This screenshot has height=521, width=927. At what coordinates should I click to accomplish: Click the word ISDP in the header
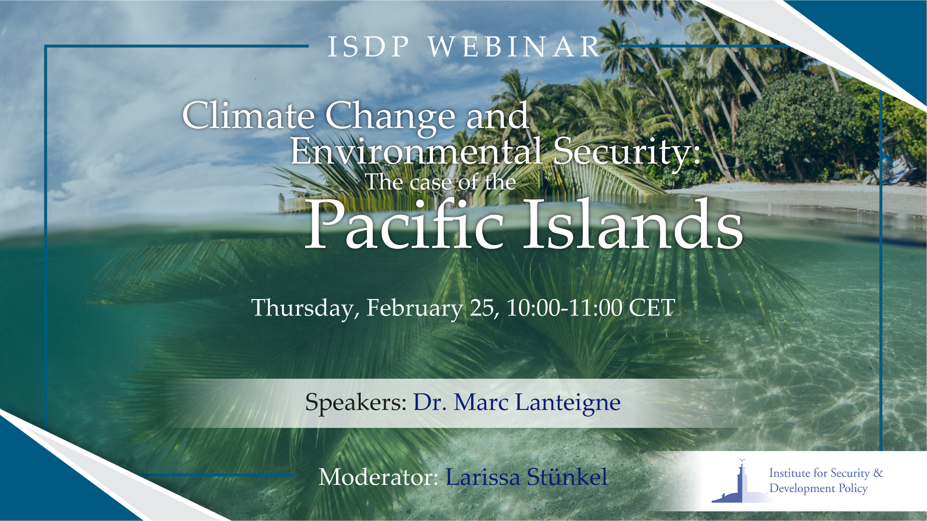click(368, 47)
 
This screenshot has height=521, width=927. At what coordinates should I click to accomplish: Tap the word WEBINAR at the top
click(514, 47)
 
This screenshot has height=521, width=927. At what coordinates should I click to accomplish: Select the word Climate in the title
click(249, 116)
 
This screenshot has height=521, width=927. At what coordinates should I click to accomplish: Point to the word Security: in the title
click(626, 151)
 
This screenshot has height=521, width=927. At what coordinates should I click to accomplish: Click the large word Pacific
click(405, 226)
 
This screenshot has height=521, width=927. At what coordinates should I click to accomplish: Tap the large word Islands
click(633, 226)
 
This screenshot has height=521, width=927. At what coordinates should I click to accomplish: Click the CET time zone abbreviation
click(652, 308)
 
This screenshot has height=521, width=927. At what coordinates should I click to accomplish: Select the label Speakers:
click(356, 402)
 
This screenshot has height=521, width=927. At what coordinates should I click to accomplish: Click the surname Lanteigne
click(568, 402)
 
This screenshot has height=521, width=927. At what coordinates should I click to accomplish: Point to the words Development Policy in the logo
click(818, 488)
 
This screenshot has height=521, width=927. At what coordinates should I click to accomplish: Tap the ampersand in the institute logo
click(878, 473)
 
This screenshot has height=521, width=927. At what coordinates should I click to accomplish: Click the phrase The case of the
click(440, 182)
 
